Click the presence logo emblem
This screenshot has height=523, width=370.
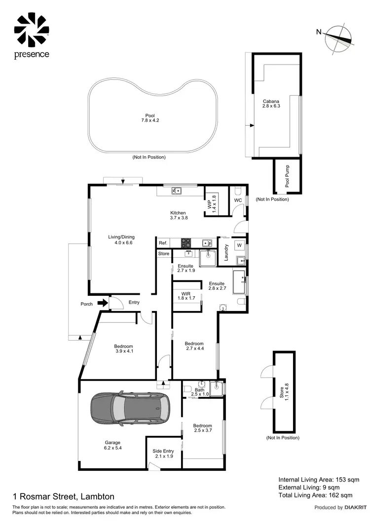coord(32,30)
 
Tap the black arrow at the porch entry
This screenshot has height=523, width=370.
coord(102,303)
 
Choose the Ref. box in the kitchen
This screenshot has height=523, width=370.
coord(163,243)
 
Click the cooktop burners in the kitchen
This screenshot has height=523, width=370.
coord(186,243)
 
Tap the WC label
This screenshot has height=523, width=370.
coord(238,201)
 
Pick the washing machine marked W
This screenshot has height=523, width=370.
coord(239,245)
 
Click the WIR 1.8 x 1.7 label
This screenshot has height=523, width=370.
coord(186,295)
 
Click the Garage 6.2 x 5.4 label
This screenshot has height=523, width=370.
coord(112,445)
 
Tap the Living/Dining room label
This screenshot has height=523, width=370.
coord(121,240)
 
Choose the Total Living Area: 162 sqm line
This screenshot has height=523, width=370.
coord(315,495)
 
